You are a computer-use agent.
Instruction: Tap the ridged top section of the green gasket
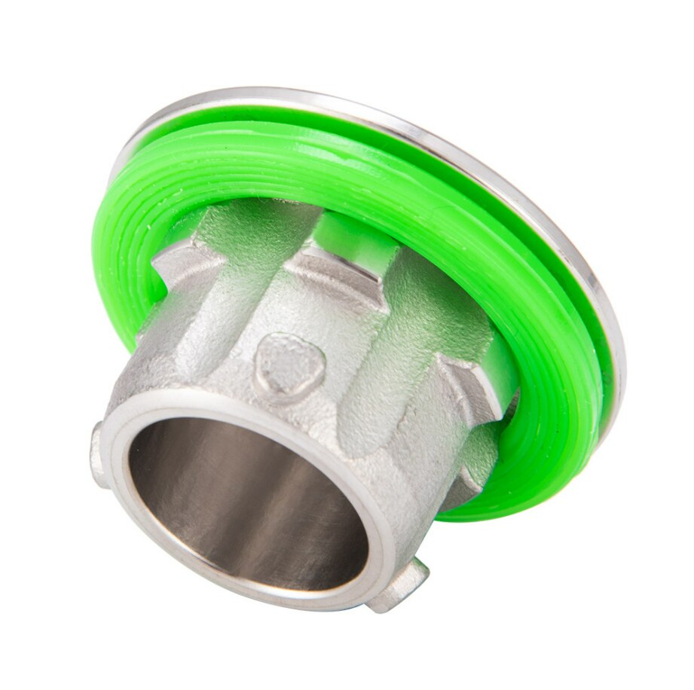coord(301,158)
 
